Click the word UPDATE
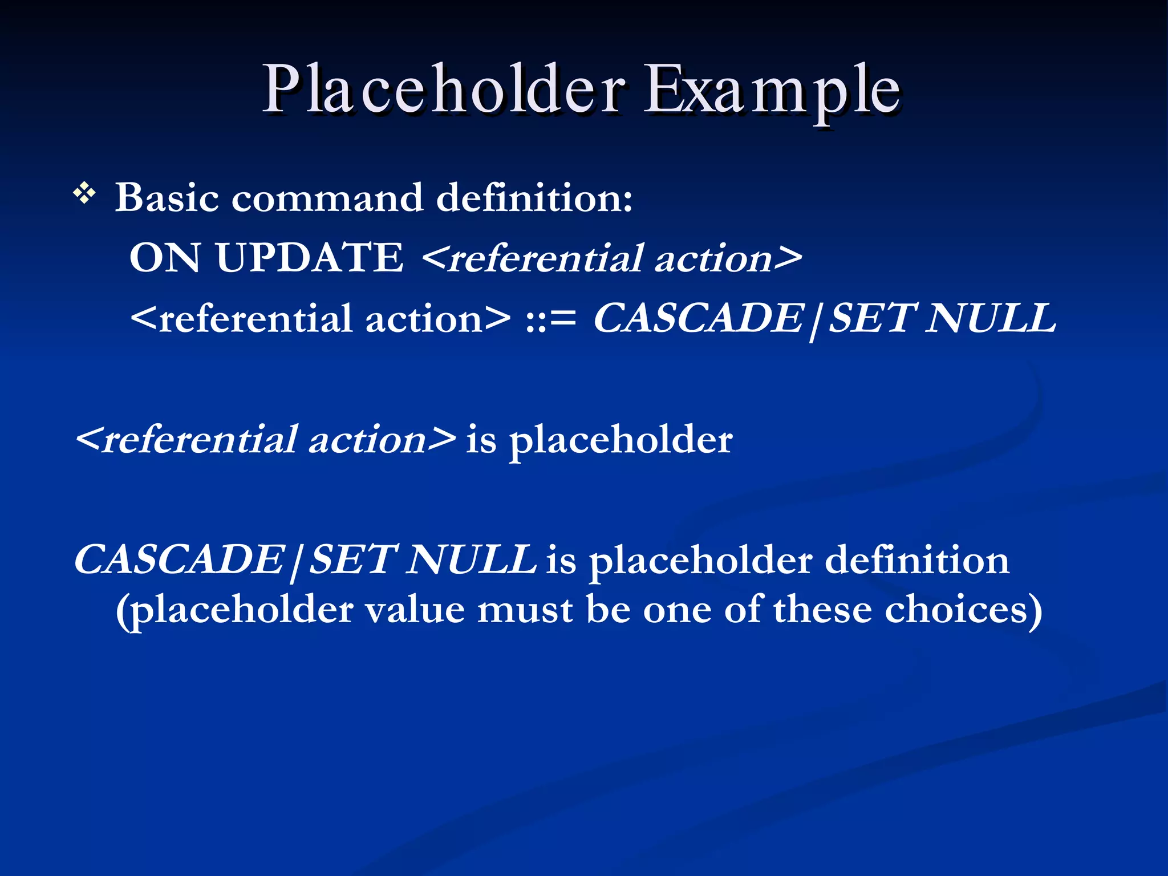coord(310,258)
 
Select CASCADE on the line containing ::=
coord(699,318)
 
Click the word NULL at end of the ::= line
coord(991,318)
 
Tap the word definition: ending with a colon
coord(534,198)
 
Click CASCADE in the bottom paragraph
coord(180,560)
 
